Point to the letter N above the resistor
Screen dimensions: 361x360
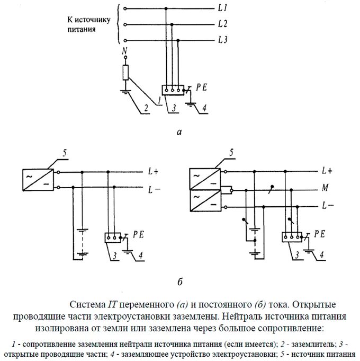tap(125, 51)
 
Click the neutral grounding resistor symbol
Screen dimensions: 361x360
tap(125, 73)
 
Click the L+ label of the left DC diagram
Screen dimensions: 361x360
tap(154, 171)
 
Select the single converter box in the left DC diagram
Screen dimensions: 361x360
tap(37, 179)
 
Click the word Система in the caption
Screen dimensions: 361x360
tap(88, 305)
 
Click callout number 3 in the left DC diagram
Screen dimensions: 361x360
tap(114, 257)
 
